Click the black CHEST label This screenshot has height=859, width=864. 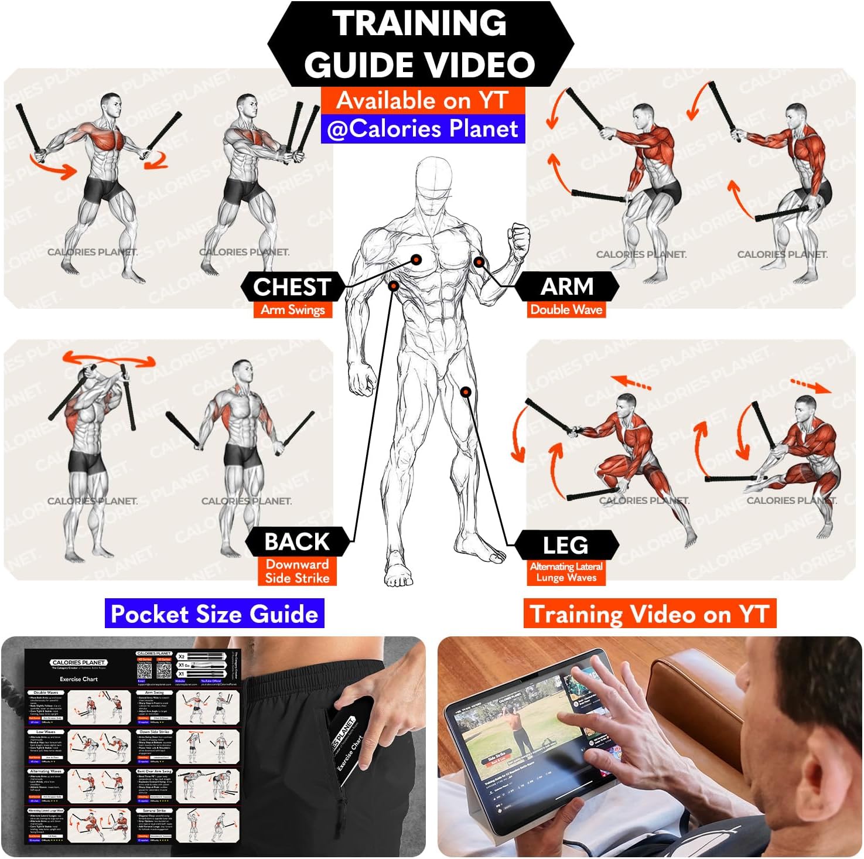pos(292,287)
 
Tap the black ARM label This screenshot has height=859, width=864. pos(566,287)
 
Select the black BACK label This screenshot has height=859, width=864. pos(297,541)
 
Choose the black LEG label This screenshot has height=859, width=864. pos(565,545)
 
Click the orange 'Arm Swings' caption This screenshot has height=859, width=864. pos(293,309)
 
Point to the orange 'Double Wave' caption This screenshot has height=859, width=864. pos(566,309)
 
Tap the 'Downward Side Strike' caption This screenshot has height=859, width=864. pos(297,571)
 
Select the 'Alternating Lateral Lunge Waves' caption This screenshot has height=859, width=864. pos(566,572)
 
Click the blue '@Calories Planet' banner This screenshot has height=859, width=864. pos(422,129)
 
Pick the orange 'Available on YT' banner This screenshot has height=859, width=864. pos(422,100)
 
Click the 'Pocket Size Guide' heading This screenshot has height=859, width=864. pos(214,613)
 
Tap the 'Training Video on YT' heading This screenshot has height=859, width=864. pos(649,613)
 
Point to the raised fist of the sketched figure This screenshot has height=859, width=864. pos(519,239)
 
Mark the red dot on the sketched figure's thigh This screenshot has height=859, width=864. pos(466,391)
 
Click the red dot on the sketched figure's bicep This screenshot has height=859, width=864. pos(479,262)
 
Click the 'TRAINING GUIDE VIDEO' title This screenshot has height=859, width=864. pos(420,44)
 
